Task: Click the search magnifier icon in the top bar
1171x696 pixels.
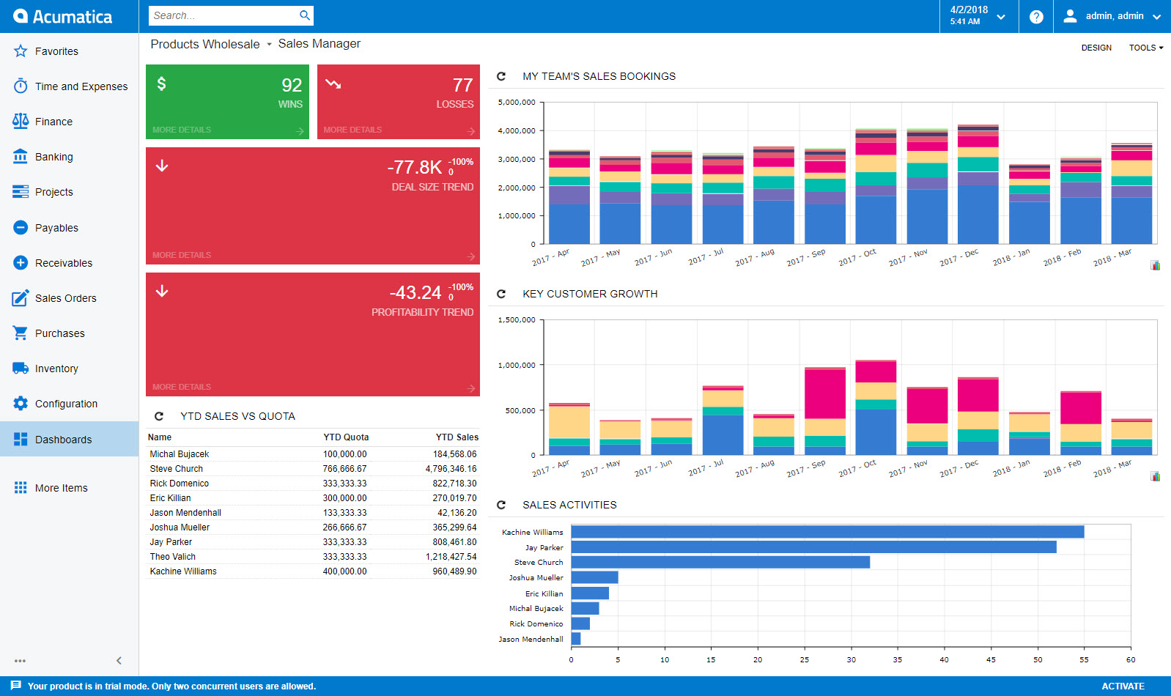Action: tap(305, 15)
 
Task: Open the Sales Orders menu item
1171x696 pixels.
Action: tap(65, 298)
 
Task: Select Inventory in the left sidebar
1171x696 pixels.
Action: tap(56, 369)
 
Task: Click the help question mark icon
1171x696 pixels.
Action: tap(1036, 16)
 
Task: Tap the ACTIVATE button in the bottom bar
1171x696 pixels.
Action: tap(1123, 686)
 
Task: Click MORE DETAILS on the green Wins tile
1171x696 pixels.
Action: tap(182, 130)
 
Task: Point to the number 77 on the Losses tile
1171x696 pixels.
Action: tap(462, 85)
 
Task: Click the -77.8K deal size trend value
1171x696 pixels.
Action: tap(415, 167)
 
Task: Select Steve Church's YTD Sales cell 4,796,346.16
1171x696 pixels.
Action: tap(451, 469)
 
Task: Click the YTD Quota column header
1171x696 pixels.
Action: tap(346, 437)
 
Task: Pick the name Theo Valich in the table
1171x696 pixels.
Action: tap(173, 557)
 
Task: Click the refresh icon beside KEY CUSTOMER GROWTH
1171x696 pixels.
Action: tap(501, 294)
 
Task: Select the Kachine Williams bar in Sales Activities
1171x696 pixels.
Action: tap(827, 532)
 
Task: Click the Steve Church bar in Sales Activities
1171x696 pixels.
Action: tap(720, 562)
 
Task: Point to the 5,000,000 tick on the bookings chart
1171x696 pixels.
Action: tap(517, 103)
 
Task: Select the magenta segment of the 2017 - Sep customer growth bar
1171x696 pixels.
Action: tap(824, 394)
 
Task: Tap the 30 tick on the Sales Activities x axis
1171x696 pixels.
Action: tap(851, 660)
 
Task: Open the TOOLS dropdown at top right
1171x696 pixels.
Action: tap(1145, 48)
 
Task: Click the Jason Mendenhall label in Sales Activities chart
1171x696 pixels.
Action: tap(531, 640)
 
